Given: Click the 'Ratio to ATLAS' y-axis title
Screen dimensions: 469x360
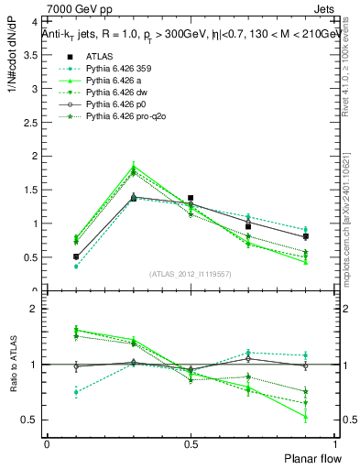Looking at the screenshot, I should coord(10,365).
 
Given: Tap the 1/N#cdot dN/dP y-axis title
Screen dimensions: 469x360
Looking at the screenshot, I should coord(10,60).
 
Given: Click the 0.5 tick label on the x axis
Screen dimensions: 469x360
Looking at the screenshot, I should coord(190,443).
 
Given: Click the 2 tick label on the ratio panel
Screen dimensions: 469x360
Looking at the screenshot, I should coord(33,309).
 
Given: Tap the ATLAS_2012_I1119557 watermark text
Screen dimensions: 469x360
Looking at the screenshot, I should coord(190,274).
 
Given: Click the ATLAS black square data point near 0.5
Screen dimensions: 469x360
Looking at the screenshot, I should coord(190,198).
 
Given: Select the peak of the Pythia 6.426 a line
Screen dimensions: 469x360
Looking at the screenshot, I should coord(133,165).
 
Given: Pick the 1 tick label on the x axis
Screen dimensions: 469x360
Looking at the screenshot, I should coord(334,443).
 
